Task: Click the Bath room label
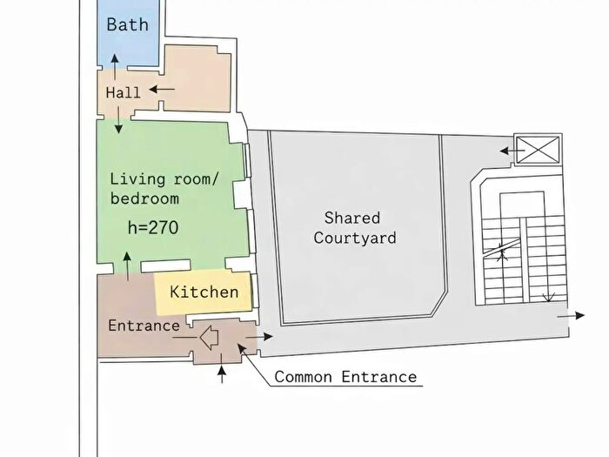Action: tap(127, 24)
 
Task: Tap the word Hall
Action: tap(123, 92)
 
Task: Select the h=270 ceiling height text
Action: tap(153, 227)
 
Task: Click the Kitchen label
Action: tap(204, 292)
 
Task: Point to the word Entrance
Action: tap(144, 326)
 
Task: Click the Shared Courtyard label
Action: tap(355, 228)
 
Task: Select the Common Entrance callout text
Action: tap(345, 377)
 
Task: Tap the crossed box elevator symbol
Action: tap(538, 150)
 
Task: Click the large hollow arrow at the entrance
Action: tap(209, 338)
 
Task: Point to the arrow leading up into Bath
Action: tap(115, 67)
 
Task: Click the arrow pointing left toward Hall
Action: tap(162, 89)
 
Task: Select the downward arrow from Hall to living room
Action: tap(118, 120)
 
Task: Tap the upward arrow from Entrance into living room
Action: tap(127, 266)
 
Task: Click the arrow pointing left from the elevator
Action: tap(512, 151)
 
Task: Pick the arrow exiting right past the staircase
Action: tap(571, 315)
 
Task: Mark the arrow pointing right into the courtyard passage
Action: tap(259, 337)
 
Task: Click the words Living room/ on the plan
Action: tap(164, 179)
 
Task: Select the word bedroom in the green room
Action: tap(144, 198)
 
